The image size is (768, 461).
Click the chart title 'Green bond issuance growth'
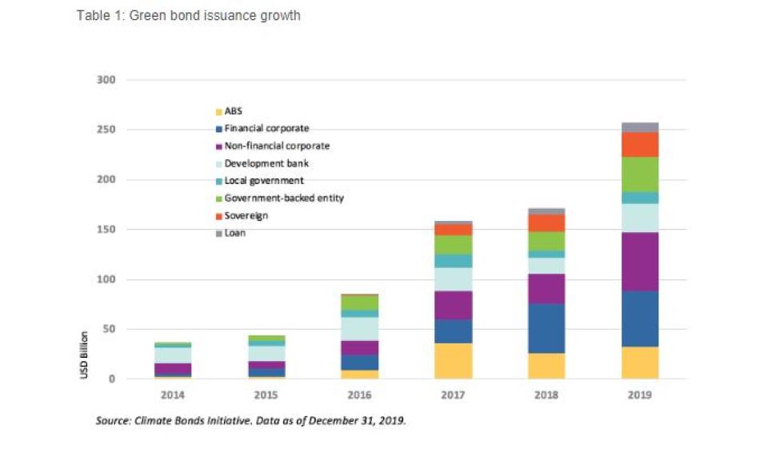coord(188,15)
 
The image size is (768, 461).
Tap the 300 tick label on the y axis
coord(107,80)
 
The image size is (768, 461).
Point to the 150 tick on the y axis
coord(107,230)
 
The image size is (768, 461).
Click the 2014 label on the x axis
coord(173,395)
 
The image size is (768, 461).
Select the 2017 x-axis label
coord(453,395)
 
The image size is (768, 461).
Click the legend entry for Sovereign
coord(246,216)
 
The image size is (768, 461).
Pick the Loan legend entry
coord(234,233)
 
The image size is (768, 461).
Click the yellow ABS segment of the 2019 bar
coord(639,363)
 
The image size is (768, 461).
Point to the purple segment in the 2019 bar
coord(639,262)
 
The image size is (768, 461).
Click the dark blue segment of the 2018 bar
coord(546,328)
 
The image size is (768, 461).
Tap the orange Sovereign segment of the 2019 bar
coord(639,144)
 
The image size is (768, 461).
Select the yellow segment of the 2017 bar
coord(453,360)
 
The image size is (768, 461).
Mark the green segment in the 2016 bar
coord(359,303)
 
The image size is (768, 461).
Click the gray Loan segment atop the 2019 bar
coord(639,127)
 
